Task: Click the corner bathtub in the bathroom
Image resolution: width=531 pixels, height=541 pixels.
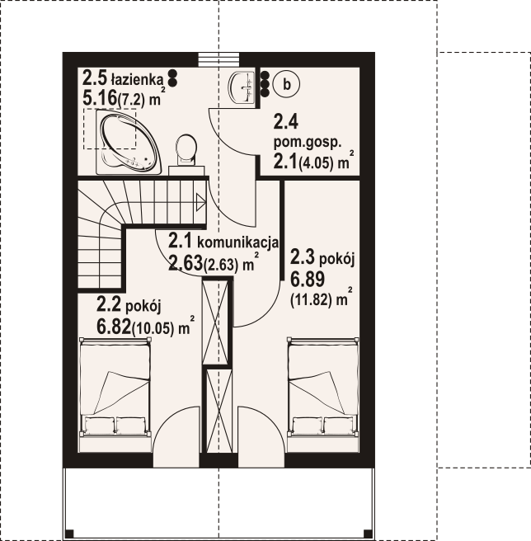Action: tap(129, 142)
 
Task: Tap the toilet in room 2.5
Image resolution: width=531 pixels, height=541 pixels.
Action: tap(186, 150)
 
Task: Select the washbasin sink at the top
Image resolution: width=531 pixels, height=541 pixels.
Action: tap(242, 87)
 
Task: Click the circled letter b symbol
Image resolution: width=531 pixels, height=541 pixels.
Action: tap(286, 84)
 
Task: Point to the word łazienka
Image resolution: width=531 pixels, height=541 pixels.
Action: tap(137, 80)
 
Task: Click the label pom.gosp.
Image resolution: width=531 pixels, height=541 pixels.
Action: tap(308, 143)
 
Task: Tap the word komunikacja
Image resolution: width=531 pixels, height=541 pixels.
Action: tap(237, 242)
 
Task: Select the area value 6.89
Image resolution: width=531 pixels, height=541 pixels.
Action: tap(308, 279)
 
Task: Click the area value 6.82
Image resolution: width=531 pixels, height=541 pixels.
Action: tap(114, 327)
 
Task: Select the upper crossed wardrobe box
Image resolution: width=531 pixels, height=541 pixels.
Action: tap(215, 322)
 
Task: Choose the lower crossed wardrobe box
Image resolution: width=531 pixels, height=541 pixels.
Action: tap(219, 411)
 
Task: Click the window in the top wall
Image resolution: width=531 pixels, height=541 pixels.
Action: tap(219, 59)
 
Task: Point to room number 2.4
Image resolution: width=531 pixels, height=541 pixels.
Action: tap(285, 122)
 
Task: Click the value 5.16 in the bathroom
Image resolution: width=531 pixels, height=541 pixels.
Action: tap(100, 98)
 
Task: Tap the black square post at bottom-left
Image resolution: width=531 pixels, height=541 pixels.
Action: tap(69, 534)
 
